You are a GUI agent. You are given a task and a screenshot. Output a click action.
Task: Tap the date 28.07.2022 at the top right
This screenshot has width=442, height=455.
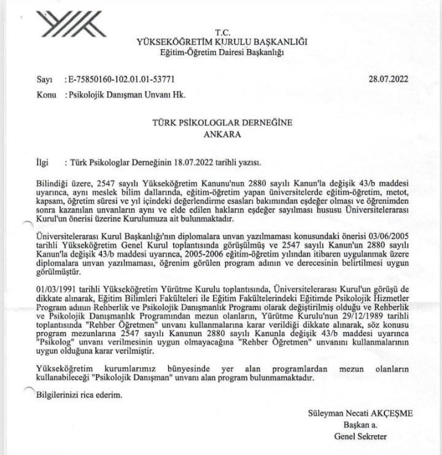tap(388, 79)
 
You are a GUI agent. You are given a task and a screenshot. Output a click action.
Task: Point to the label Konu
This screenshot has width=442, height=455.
tap(45, 95)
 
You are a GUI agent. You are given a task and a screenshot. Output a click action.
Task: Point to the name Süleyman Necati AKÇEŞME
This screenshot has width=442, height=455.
tap(360, 413)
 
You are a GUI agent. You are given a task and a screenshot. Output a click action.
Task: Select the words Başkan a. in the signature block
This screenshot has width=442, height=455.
tap(360, 425)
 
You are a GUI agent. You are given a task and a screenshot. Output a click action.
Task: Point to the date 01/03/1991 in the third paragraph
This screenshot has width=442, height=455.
tap(56, 289)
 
